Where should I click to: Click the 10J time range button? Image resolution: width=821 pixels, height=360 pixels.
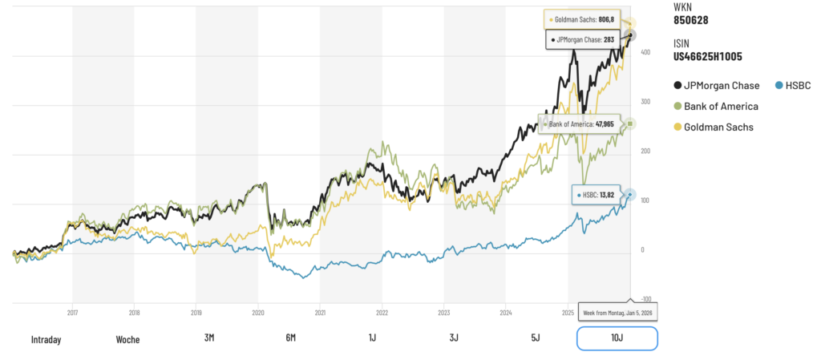617,338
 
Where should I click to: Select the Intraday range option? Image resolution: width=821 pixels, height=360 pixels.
46,339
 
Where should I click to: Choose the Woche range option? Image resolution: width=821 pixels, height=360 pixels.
127,339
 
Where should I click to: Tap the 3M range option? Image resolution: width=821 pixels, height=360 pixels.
209,338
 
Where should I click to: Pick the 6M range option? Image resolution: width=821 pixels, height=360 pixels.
290,338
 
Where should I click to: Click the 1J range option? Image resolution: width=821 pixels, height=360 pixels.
372,338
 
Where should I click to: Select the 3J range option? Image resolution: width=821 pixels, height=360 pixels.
454,338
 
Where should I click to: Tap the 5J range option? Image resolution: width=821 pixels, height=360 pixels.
535,338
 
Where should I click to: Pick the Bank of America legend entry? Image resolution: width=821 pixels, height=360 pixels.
715,106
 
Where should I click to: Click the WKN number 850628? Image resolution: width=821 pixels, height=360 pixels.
690,20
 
